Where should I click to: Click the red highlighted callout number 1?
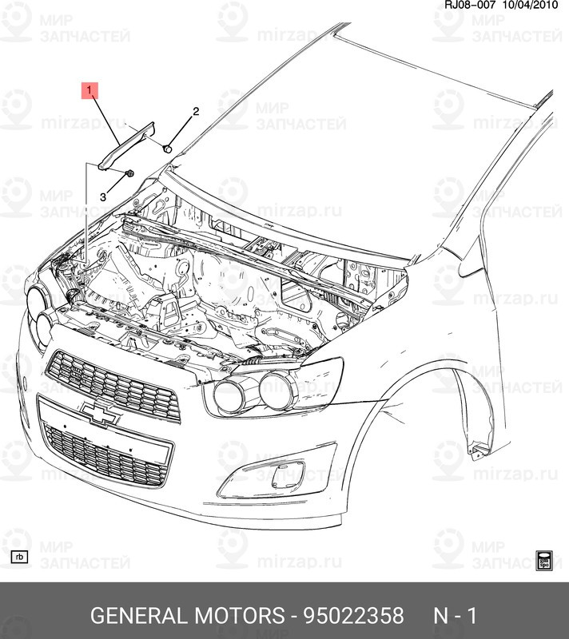click(x=90, y=91)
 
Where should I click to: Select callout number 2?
click(x=196, y=111)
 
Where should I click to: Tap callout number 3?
click(x=103, y=197)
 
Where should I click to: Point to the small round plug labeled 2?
click(x=167, y=149)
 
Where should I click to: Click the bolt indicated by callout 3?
click(x=129, y=173)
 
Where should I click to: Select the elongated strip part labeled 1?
click(x=126, y=145)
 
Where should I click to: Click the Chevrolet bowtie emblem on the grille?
click(x=101, y=413)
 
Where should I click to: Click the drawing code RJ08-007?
click(x=470, y=5)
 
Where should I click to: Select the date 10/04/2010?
click(x=530, y=5)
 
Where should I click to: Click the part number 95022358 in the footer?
click(x=353, y=615)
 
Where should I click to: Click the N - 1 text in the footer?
click(x=455, y=615)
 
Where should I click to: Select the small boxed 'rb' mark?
click(x=19, y=557)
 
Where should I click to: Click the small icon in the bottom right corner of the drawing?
click(x=543, y=561)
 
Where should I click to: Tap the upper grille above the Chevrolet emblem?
click(x=113, y=385)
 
